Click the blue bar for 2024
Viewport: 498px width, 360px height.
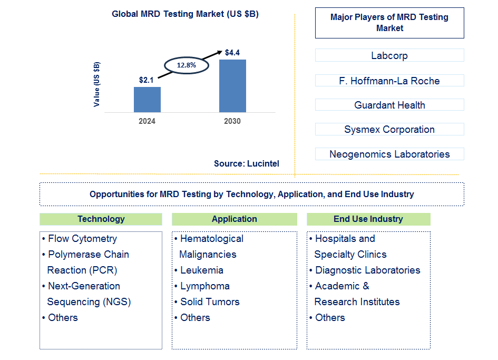tap(147, 100)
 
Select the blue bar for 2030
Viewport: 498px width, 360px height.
tap(232, 86)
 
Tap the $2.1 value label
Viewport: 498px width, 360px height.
tap(147, 80)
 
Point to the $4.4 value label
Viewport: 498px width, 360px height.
tap(232, 53)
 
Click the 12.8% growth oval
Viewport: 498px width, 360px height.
tap(186, 65)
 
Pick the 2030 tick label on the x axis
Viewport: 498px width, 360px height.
tap(232, 121)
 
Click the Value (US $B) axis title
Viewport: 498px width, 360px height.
tap(96, 84)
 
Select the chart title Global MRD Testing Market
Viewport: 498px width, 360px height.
tap(185, 14)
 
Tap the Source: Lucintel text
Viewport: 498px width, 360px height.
tap(246, 164)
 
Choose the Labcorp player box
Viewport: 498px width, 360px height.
tap(389, 55)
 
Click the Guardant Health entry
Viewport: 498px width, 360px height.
tap(389, 105)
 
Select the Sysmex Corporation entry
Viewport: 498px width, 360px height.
tap(389, 130)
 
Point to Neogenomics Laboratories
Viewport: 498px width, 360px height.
tap(389, 154)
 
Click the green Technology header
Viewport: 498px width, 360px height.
tap(101, 219)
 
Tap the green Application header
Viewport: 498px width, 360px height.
tap(234, 219)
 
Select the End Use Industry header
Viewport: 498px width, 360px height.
tap(368, 219)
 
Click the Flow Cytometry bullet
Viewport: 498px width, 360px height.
tap(82, 239)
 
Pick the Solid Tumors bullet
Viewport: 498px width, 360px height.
tap(209, 302)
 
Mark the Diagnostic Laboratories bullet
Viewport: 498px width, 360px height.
tap(367, 270)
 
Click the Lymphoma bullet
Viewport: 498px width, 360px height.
tap(204, 286)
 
